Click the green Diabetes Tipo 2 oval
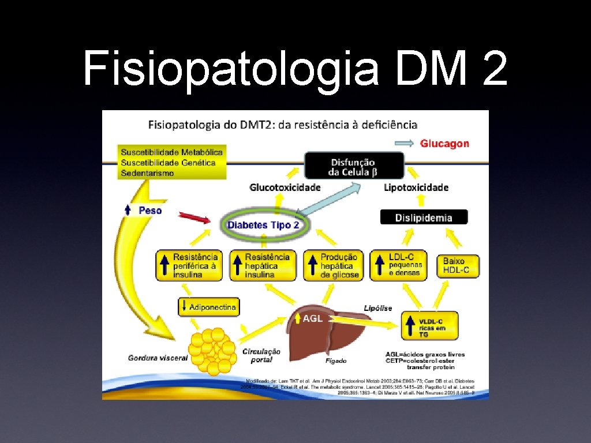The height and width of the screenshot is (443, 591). [264, 224]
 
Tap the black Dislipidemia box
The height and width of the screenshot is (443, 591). [424, 217]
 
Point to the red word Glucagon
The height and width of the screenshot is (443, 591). [444, 144]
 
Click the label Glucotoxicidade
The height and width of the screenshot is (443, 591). [285, 187]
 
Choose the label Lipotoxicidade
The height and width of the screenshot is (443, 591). [416, 187]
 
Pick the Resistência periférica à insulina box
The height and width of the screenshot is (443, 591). [188, 265]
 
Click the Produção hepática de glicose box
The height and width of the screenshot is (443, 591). [332, 265]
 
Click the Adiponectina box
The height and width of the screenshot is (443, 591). [208, 307]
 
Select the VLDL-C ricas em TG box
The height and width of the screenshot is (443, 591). [431, 326]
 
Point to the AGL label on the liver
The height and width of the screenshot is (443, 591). [312, 318]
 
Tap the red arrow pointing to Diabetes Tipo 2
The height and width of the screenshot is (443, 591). [194, 217]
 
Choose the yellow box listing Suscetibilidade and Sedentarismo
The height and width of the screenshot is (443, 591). [171, 162]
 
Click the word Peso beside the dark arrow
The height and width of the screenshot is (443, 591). [150, 211]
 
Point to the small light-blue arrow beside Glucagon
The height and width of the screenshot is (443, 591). [403, 143]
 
